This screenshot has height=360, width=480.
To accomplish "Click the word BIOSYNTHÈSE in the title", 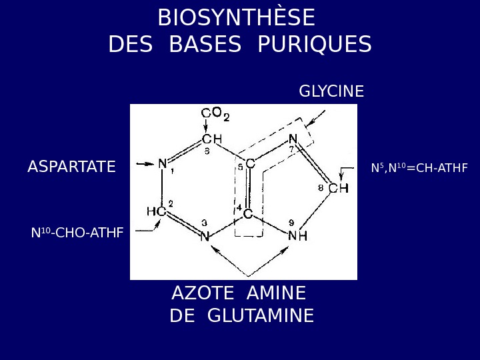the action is click(x=237, y=17).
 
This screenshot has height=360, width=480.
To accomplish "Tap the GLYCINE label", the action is click(x=331, y=91).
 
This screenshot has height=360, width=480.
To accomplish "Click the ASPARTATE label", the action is click(x=71, y=167).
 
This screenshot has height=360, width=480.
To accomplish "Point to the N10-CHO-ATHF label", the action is click(x=77, y=233).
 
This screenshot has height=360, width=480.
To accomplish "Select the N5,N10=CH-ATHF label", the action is click(x=419, y=167).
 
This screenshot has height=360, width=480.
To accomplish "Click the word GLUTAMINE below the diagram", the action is click(x=261, y=315).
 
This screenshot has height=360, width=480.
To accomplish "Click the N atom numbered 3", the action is click(x=205, y=235).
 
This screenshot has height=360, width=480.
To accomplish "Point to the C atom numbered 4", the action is click(x=247, y=215).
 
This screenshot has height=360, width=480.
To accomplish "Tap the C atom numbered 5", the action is click(x=249, y=164).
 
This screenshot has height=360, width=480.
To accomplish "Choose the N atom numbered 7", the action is click(x=293, y=139).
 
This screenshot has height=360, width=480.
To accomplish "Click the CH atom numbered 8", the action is click(x=339, y=188).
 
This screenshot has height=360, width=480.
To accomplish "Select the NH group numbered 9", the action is click(x=297, y=235).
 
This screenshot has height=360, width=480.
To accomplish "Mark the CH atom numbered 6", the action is click(x=211, y=139).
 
